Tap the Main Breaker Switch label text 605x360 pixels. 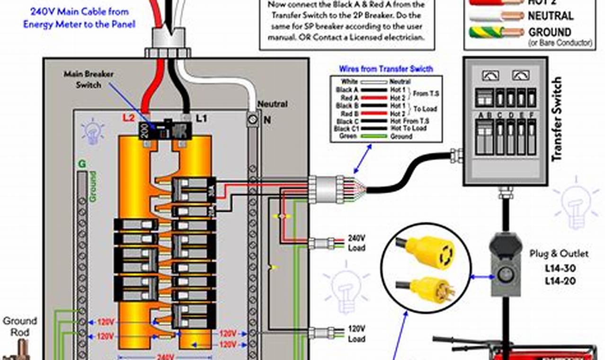[89, 80]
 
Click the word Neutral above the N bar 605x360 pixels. [272, 104]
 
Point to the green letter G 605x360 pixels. [82, 164]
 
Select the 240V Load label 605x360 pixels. [356, 243]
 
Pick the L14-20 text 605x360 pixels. [559, 281]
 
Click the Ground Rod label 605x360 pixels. [20, 326]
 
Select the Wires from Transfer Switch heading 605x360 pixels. [386, 69]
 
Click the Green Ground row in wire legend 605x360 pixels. [386, 136]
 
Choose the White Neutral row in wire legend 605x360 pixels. [386, 82]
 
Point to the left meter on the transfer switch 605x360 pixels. [488, 75]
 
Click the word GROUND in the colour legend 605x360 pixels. [550, 32]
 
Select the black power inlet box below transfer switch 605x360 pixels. [506, 263]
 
